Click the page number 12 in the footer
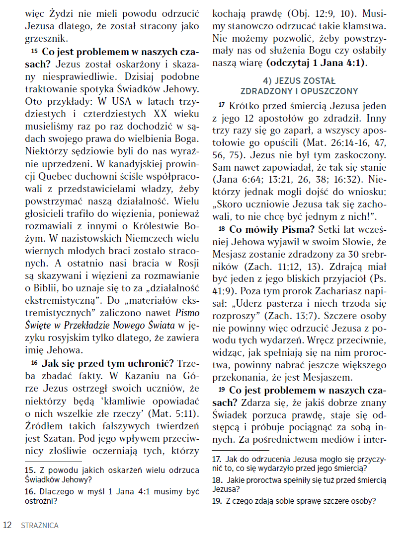[x=7, y=525]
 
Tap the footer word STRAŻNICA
[x=40, y=525]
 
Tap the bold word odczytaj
[x=290, y=63]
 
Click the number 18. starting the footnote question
[x=217, y=480]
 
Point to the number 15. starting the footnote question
[x=30, y=470]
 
